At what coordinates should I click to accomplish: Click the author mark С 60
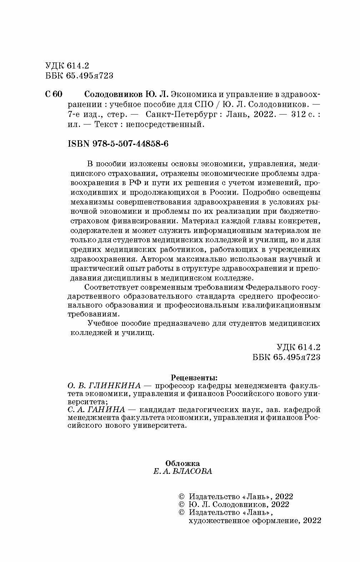pyautogui.click(x=54, y=95)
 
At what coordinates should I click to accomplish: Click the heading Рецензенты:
pyautogui.click(x=194, y=377)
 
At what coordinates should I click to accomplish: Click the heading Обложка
pyautogui.click(x=182, y=463)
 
